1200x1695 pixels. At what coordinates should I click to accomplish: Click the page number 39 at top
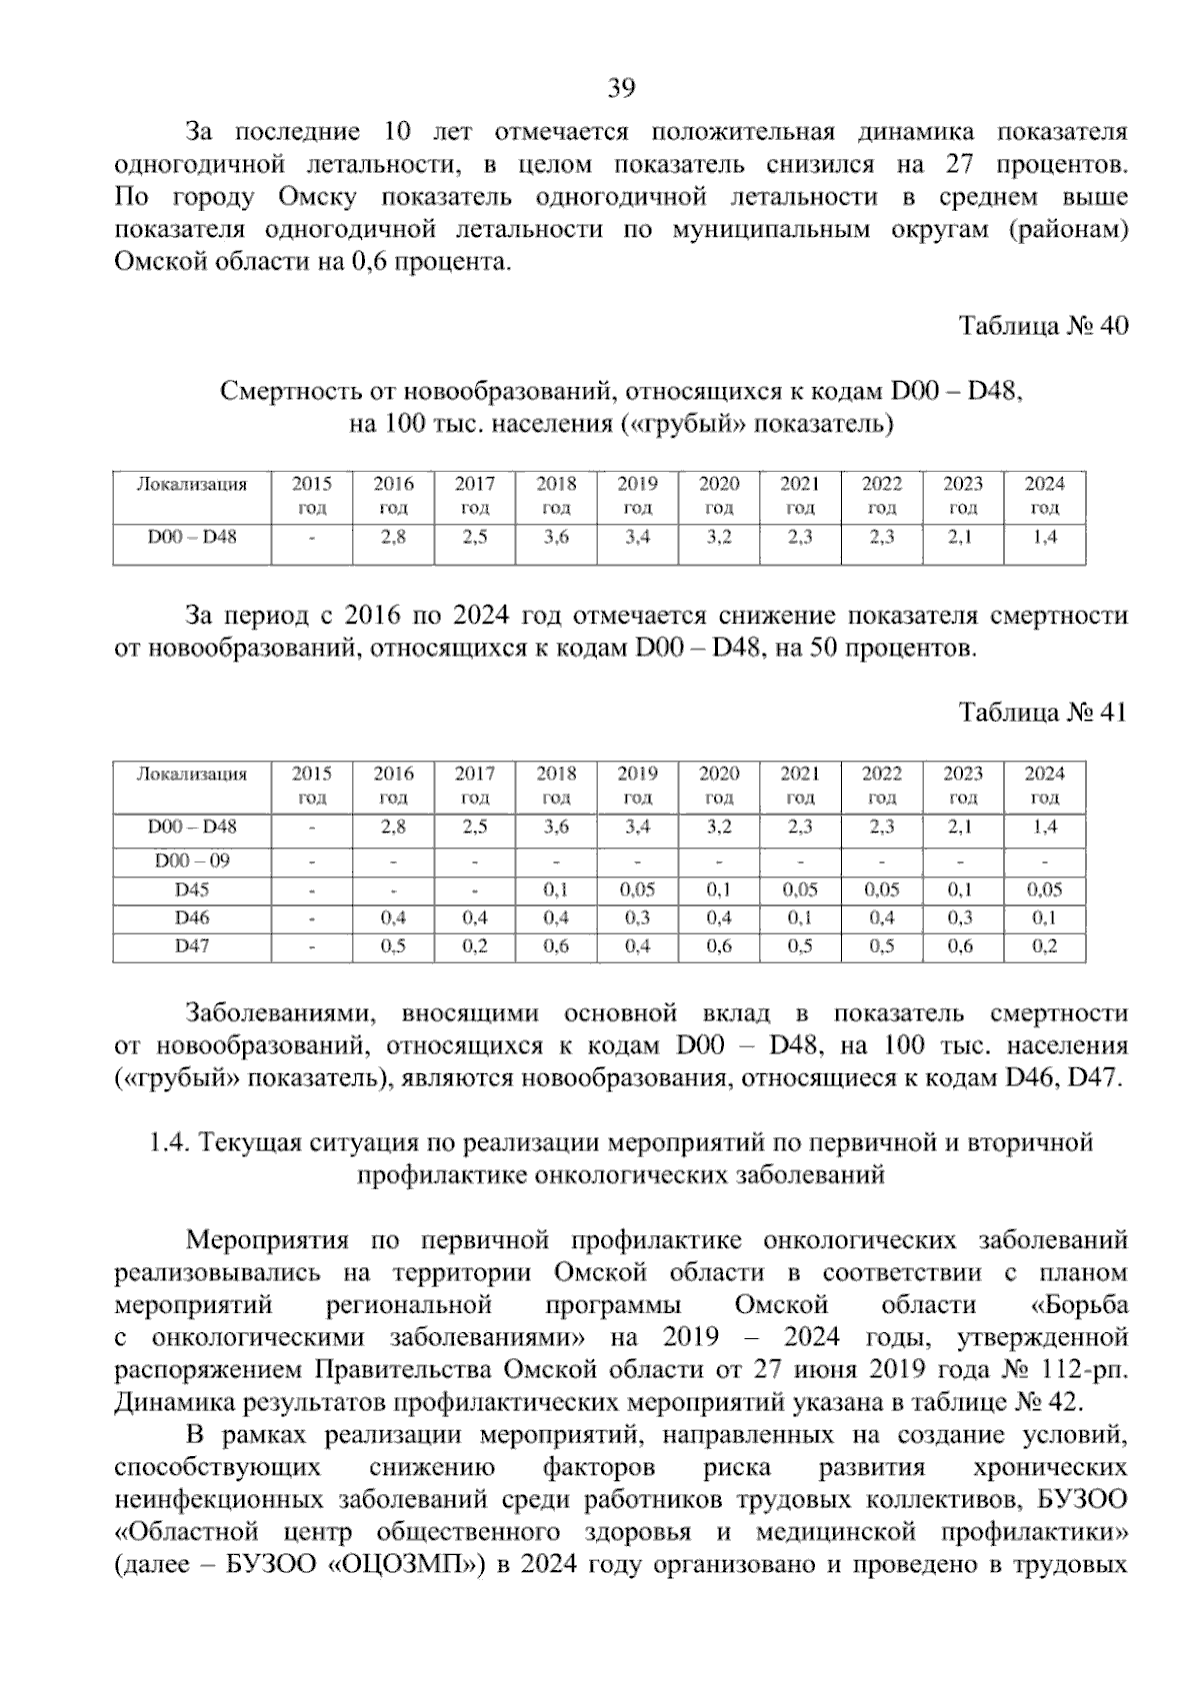pos(621,90)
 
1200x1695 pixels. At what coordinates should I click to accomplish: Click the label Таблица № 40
pos(1043,326)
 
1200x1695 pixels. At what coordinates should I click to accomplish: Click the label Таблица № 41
pos(1043,713)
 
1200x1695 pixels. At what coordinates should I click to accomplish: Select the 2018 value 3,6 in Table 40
pos(556,537)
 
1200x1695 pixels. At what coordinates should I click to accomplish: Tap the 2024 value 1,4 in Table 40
pos(1044,537)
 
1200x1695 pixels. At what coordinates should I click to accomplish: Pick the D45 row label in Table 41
pos(192,889)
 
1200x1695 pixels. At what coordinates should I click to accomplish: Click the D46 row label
pos(192,917)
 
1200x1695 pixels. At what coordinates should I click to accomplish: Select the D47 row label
pos(192,945)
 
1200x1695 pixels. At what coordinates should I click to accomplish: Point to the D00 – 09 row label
pos(192,860)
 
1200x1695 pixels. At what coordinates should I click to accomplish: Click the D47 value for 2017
pos(475,946)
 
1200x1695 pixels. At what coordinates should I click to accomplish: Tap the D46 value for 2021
pos(800,918)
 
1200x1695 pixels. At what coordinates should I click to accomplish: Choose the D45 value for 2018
pos(556,889)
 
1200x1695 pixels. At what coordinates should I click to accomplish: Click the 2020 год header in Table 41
pos(719,785)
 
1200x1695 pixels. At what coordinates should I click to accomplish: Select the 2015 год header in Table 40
pos(312,496)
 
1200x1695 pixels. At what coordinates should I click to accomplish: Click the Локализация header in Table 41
pos(192,774)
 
